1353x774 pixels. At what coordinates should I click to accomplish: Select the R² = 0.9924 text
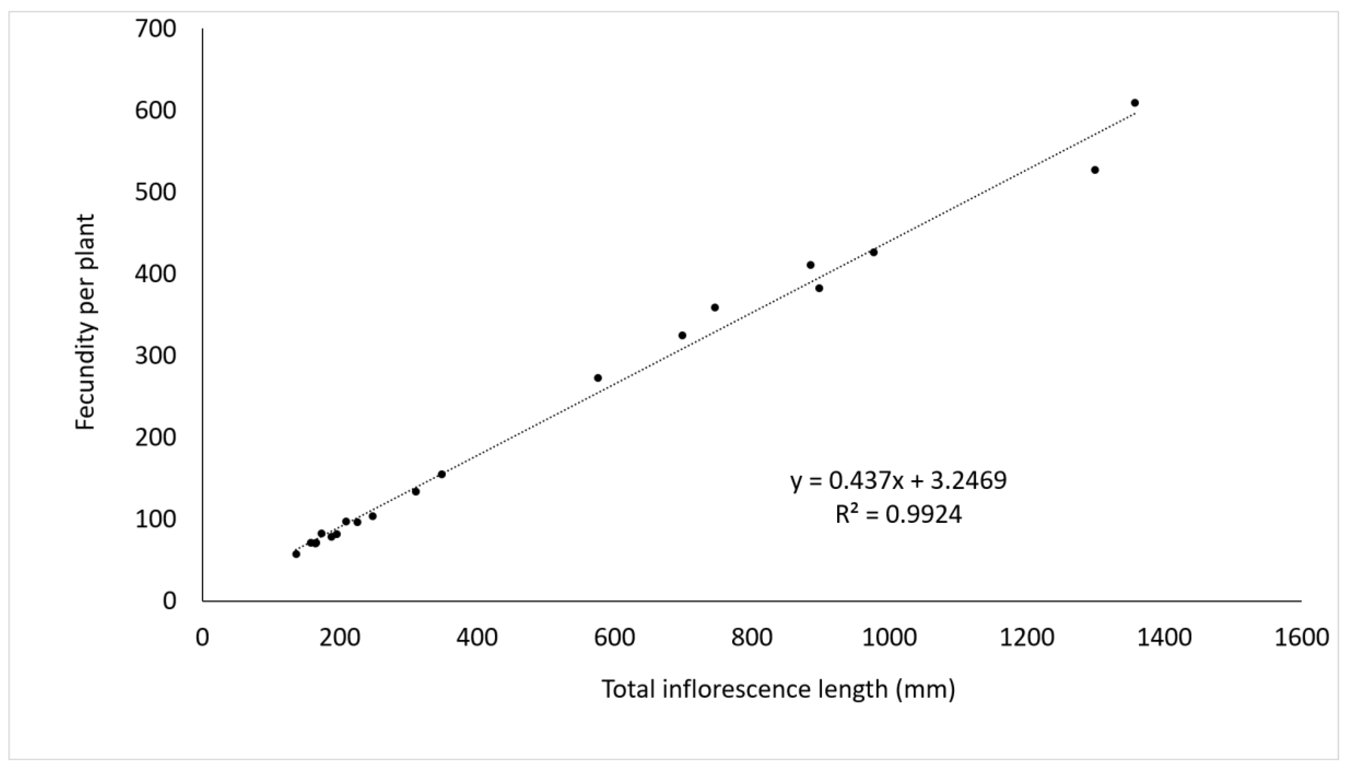(898, 514)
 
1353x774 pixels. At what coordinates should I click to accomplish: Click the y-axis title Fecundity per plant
(85, 322)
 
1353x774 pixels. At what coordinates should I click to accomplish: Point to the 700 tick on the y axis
(155, 29)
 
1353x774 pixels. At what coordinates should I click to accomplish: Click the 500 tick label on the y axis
(155, 193)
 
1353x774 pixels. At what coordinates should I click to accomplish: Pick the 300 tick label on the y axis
(155, 356)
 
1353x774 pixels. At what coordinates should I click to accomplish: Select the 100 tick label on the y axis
(155, 520)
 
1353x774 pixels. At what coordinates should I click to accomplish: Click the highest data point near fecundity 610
(1134, 103)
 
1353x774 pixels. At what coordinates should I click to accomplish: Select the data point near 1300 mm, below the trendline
(1094, 170)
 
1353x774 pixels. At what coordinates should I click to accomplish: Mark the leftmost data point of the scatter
(296, 554)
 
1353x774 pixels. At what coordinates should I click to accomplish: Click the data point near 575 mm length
(598, 378)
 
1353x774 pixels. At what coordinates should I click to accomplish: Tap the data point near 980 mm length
(873, 252)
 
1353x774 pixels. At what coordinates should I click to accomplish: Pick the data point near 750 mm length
(715, 308)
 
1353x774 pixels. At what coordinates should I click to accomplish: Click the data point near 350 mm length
(442, 474)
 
